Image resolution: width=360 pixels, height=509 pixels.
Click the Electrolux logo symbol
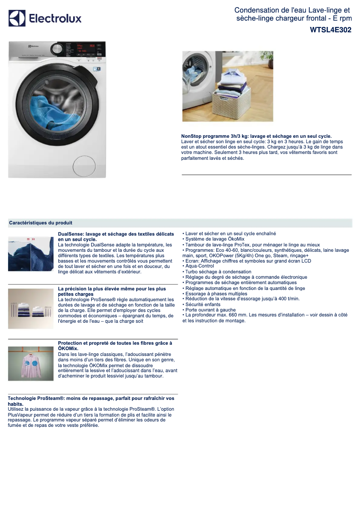(17, 18)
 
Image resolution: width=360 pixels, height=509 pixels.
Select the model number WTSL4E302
(330, 30)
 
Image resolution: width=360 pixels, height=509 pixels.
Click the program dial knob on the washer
(57, 48)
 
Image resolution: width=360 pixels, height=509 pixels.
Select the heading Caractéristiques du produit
(40, 223)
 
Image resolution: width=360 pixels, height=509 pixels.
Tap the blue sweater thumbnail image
(31, 253)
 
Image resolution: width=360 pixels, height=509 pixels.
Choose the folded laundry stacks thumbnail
(31, 309)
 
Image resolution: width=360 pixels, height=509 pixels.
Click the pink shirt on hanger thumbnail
(31, 363)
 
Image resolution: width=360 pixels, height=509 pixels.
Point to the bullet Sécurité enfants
(203, 304)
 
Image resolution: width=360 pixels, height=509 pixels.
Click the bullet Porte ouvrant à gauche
(210, 310)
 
